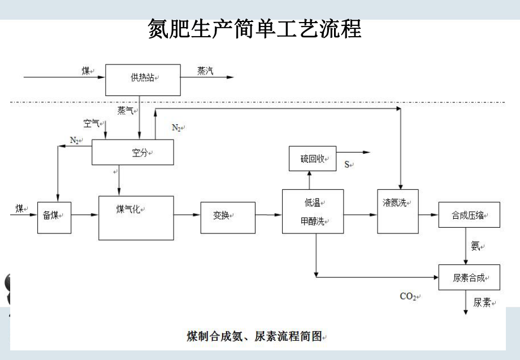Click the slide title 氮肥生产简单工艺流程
(254, 28)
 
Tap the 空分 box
(132, 153)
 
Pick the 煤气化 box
(136, 218)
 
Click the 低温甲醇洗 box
(313, 211)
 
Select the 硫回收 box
(312, 159)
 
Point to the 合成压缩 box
(469, 215)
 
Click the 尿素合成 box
(469, 278)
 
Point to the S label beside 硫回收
(347, 164)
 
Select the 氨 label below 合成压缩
(475, 246)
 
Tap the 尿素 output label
(482, 302)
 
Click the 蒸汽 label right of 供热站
(205, 71)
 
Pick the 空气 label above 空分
(91, 123)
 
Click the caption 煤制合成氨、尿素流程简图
(254, 336)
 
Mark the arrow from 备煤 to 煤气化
(85, 215)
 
